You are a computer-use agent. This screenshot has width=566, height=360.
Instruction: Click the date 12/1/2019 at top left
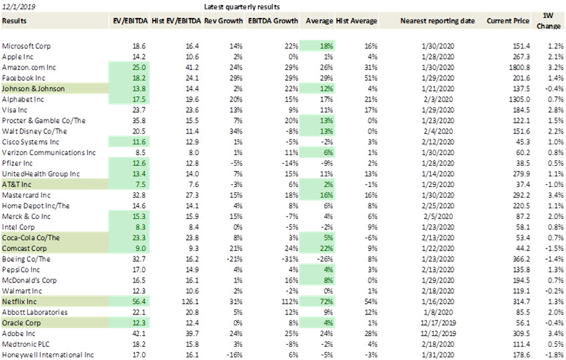coord(19,7)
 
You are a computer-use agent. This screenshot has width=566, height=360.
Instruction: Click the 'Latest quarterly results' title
coord(242,7)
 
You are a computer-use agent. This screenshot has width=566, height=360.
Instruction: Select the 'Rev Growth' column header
coord(223,21)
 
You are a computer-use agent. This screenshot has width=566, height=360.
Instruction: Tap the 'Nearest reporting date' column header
coord(438,21)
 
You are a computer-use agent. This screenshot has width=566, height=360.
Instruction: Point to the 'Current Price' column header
coord(508,21)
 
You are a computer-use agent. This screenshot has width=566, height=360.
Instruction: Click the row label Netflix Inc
coord(19,302)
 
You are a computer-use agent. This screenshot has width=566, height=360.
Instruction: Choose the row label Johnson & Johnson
coord(33,89)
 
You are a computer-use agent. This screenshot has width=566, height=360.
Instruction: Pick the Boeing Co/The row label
coord(26,259)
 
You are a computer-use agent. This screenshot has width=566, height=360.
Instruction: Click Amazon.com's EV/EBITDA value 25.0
coord(139,67)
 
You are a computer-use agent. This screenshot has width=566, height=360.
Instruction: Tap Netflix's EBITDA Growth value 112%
coord(290,302)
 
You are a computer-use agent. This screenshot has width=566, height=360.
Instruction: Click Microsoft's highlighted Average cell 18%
coord(326,46)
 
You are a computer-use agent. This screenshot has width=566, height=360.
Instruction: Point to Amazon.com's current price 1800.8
coord(520,67)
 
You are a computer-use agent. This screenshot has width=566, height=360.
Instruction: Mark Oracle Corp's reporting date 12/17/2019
coord(438,323)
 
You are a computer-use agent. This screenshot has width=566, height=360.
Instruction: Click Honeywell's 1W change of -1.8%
coord(555,355)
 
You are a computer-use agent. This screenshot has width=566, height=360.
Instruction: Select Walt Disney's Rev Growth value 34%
coord(236,132)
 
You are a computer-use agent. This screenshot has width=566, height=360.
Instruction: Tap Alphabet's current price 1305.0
coord(520,100)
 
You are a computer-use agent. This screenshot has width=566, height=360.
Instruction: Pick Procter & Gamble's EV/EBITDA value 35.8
coord(139,121)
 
